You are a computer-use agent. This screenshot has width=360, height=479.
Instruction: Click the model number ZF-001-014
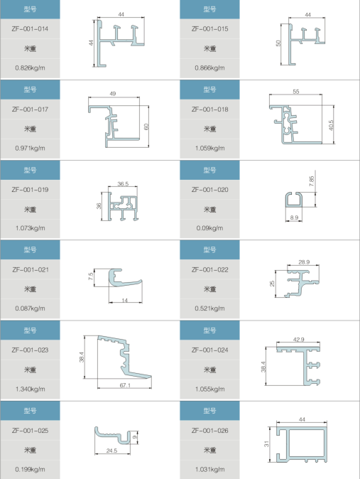tap(30, 29)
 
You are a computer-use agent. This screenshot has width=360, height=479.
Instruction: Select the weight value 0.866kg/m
tap(209, 68)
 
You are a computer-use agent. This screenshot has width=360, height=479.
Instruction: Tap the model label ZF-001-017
tap(30, 109)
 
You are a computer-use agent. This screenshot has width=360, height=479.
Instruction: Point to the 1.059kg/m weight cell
tap(209, 148)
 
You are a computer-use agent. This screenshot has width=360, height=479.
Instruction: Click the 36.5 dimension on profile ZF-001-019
tap(123, 184)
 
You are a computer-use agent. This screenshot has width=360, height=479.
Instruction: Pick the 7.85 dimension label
tap(312, 181)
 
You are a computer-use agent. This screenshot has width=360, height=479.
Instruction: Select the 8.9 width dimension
tap(294, 217)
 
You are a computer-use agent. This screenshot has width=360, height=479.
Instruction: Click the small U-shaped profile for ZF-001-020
tap(294, 200)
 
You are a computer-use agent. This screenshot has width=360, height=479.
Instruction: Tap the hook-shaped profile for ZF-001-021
tap(125, 278)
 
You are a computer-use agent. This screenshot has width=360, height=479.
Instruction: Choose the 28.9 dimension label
tap(304, 262)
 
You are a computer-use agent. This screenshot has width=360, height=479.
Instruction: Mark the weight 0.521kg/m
tap(209, 308)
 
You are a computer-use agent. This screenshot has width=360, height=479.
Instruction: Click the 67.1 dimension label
tap(125, 385)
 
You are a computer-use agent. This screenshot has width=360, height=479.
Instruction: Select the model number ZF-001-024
tap(209, 350)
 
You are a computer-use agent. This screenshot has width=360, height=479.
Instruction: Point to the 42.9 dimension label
tap(299, 340)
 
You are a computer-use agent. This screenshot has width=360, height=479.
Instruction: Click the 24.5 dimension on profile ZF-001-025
tap(111, 451)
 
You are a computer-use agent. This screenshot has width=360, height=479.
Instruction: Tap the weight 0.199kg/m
tap(30, 469)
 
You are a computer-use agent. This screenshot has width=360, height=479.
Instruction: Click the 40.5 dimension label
tap(332, 125)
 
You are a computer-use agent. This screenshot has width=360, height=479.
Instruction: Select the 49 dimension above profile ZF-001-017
tap(113, 94)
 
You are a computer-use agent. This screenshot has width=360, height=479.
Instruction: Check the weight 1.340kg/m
tap(30, 389)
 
